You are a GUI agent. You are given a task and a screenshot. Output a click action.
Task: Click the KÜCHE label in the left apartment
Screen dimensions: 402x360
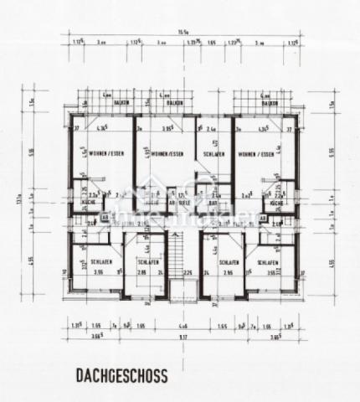point(87,202)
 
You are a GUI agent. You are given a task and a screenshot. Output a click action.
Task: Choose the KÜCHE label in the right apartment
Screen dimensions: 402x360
point(274,202)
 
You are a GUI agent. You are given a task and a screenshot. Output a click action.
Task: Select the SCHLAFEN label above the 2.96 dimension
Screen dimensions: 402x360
point(230,263)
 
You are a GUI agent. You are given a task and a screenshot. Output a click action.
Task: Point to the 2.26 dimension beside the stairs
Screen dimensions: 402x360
point(188,273)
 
